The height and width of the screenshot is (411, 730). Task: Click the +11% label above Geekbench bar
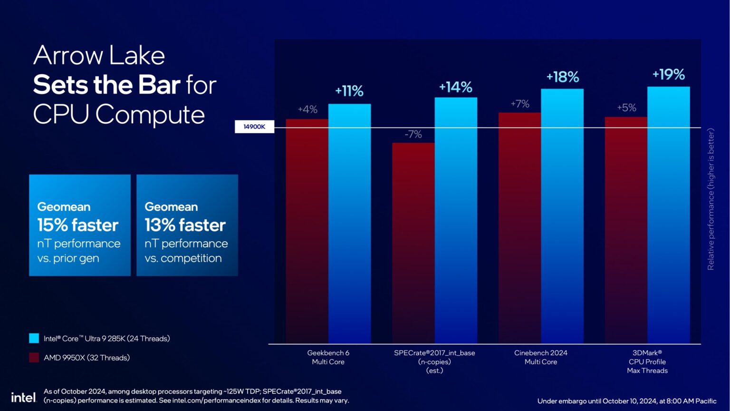pos(349,91)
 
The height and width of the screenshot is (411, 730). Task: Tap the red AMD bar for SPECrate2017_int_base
pos(413,243)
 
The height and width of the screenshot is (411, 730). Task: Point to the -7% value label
pos(413,134)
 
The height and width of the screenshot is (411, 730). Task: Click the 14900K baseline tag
pos(254,127)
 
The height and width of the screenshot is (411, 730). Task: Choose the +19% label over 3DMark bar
pos(668,75)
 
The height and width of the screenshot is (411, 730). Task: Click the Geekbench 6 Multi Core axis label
pos(328,357)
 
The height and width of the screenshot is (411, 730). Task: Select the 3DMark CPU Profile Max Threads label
pos(647,362)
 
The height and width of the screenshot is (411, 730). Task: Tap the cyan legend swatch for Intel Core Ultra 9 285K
pos(34,338)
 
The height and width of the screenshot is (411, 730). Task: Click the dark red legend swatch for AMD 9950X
pos(34,358)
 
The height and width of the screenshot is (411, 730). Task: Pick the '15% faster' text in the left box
pos(78,225)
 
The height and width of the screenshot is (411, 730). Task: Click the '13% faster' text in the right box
pos(185,225)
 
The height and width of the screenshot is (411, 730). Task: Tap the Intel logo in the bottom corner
pos(23,397)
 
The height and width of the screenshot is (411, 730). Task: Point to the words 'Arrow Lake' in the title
pos(99,56)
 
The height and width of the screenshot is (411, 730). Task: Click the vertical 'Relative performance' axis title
pos(711,199)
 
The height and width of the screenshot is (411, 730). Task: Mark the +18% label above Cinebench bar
pos(562,77)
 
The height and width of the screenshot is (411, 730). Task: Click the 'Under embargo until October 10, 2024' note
pos(626,401)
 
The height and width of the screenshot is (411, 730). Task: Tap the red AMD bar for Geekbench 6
pos(307,231)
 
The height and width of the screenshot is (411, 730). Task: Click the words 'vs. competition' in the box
pos(183,258)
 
